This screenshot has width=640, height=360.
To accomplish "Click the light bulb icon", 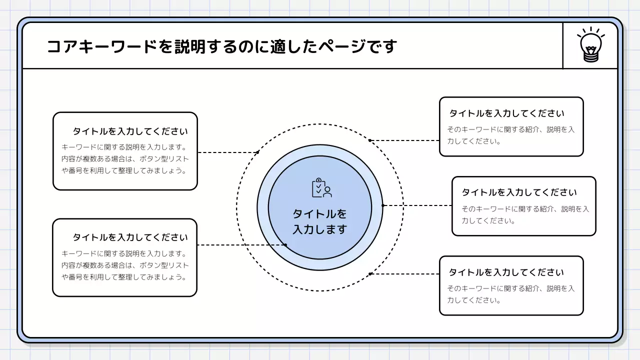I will [590, 45].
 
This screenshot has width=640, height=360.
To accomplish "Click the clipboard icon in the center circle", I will [321, 188].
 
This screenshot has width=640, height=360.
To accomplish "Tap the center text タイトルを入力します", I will [319, 221].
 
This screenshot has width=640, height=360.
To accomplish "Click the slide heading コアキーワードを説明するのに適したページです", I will [221, 46].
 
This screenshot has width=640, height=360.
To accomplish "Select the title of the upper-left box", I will [130, 131].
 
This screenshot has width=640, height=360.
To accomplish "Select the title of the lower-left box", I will [130, 237].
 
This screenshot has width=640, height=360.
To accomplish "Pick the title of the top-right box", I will [506, 113].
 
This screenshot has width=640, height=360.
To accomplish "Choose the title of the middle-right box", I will [519, 192].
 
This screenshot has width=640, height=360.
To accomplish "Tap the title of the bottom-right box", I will [506, 272].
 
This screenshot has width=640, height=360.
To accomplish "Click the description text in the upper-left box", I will [125, 159].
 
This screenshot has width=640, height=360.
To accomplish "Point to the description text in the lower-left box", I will [125, 265].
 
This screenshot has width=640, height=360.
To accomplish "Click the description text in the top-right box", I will [510, 135].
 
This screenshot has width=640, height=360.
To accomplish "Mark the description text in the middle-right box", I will [525, 214].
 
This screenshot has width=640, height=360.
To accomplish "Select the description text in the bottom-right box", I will [510, 294].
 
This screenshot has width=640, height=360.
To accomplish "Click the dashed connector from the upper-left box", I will [227, 152].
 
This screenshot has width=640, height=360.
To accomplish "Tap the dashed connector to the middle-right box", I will [417, 205].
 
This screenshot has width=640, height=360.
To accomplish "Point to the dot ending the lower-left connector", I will [285, 245].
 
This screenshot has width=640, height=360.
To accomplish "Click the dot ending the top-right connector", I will [370, 140].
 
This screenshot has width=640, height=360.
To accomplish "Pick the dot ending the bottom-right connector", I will [370, 274].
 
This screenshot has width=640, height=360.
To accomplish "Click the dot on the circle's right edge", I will [383, 205].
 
